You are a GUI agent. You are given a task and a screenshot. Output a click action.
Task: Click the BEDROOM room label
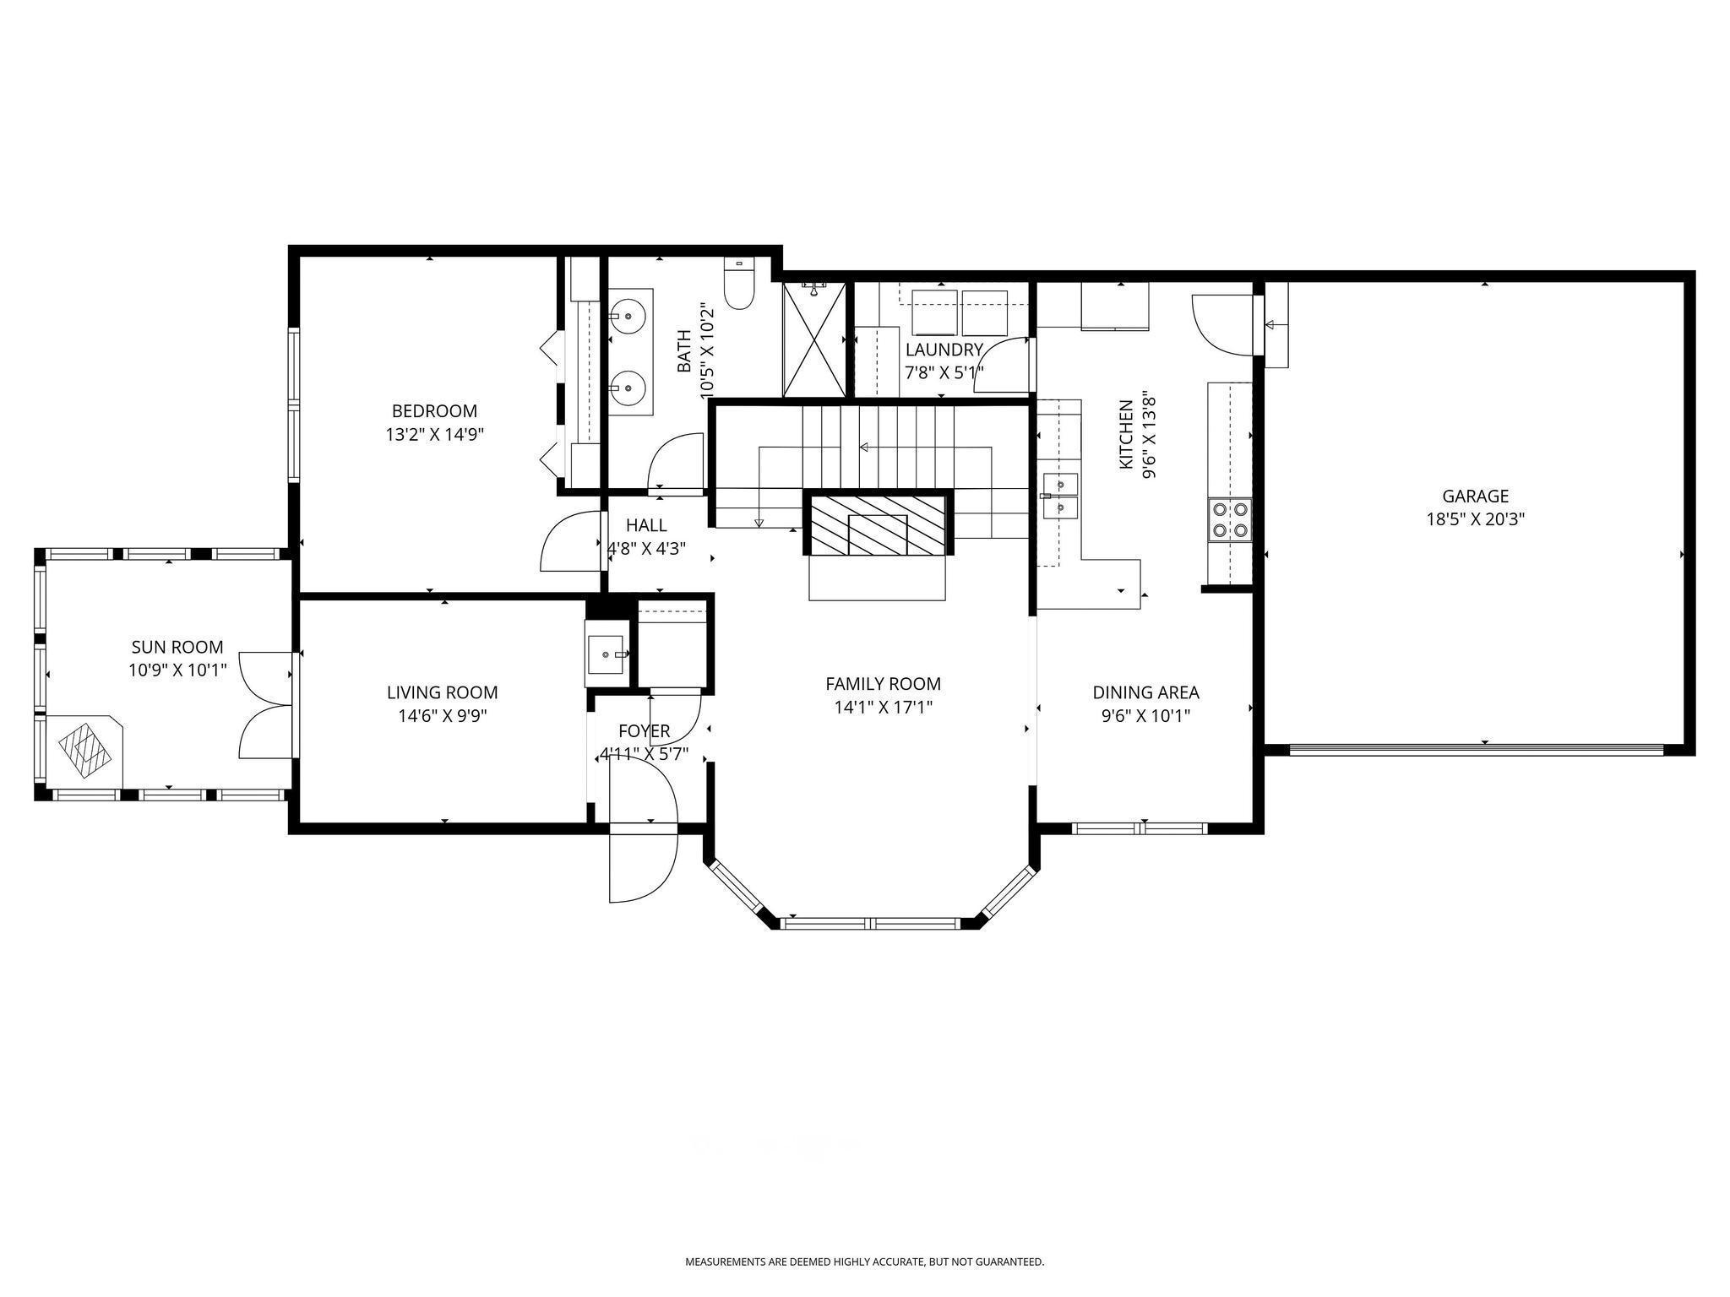pos(434,411)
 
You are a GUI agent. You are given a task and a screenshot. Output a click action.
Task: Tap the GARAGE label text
pos(1475,497)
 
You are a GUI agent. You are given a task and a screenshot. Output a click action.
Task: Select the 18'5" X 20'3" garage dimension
pos(1475,519)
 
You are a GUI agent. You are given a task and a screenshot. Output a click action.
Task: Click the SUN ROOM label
pos(177,647)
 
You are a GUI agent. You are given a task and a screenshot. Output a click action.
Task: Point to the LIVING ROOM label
pos(442,692)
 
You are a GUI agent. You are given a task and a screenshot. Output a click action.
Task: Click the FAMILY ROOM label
pos(883,684)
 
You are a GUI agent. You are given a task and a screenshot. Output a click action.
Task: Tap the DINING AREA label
pos(1145,692)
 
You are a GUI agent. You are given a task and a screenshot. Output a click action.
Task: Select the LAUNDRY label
pos(944,350)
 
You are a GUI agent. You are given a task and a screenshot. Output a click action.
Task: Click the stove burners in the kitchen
pos(1231,519)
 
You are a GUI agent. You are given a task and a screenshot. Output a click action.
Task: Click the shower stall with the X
pos(813,339)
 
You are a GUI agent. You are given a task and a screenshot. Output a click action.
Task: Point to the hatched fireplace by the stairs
pos(878,525)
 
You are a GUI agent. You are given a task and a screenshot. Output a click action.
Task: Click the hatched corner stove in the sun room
pos(84,746)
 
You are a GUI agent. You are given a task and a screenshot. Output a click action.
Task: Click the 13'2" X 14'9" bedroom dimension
pos(434,435)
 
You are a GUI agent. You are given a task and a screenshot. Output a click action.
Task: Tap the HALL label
pos(646,525)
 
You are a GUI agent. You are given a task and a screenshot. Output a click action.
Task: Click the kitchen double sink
pos(1060,495)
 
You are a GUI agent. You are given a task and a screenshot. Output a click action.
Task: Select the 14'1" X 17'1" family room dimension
pos(883,707)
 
